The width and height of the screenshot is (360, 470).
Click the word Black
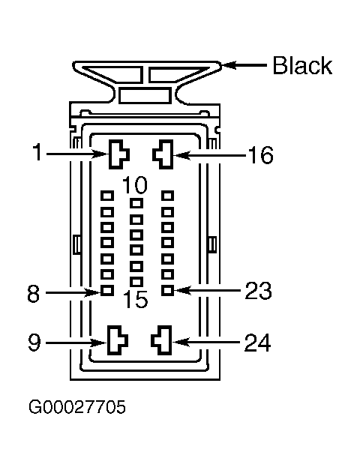click(x=302, y=65)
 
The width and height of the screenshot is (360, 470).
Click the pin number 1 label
click(x=37, y=151)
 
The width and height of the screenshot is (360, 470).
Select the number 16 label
click(x=260, y=155)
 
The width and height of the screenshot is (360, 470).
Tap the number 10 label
click(x=135, y=184)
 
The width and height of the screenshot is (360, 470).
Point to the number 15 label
click(x=136, y=299)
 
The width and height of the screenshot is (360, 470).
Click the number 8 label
click(x=33, y=293)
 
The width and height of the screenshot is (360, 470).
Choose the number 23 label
click(x=258, y=290)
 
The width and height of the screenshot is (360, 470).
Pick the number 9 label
click(x=34, y=343)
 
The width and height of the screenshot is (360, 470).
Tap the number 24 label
click(x=258, y=343)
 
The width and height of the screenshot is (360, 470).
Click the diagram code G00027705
click(x=77, y=407)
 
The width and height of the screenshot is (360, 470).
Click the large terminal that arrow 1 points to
click(x=118, y=154)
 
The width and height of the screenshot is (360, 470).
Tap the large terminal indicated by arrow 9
click(x=117, y=341)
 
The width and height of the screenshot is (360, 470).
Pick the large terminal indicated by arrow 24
click(x=162, y=340)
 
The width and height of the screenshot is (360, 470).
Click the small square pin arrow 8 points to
click(x=107, y=290)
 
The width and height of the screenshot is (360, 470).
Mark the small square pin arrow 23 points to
click(x=167, y=290)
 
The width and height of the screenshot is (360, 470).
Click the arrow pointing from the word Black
click(x=244, y=64)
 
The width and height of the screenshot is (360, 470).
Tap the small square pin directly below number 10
click(x=136, y=204)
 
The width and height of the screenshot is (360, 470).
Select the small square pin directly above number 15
click(x=136, y=282)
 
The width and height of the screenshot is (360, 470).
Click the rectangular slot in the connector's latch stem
click(x=145, y=96)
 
